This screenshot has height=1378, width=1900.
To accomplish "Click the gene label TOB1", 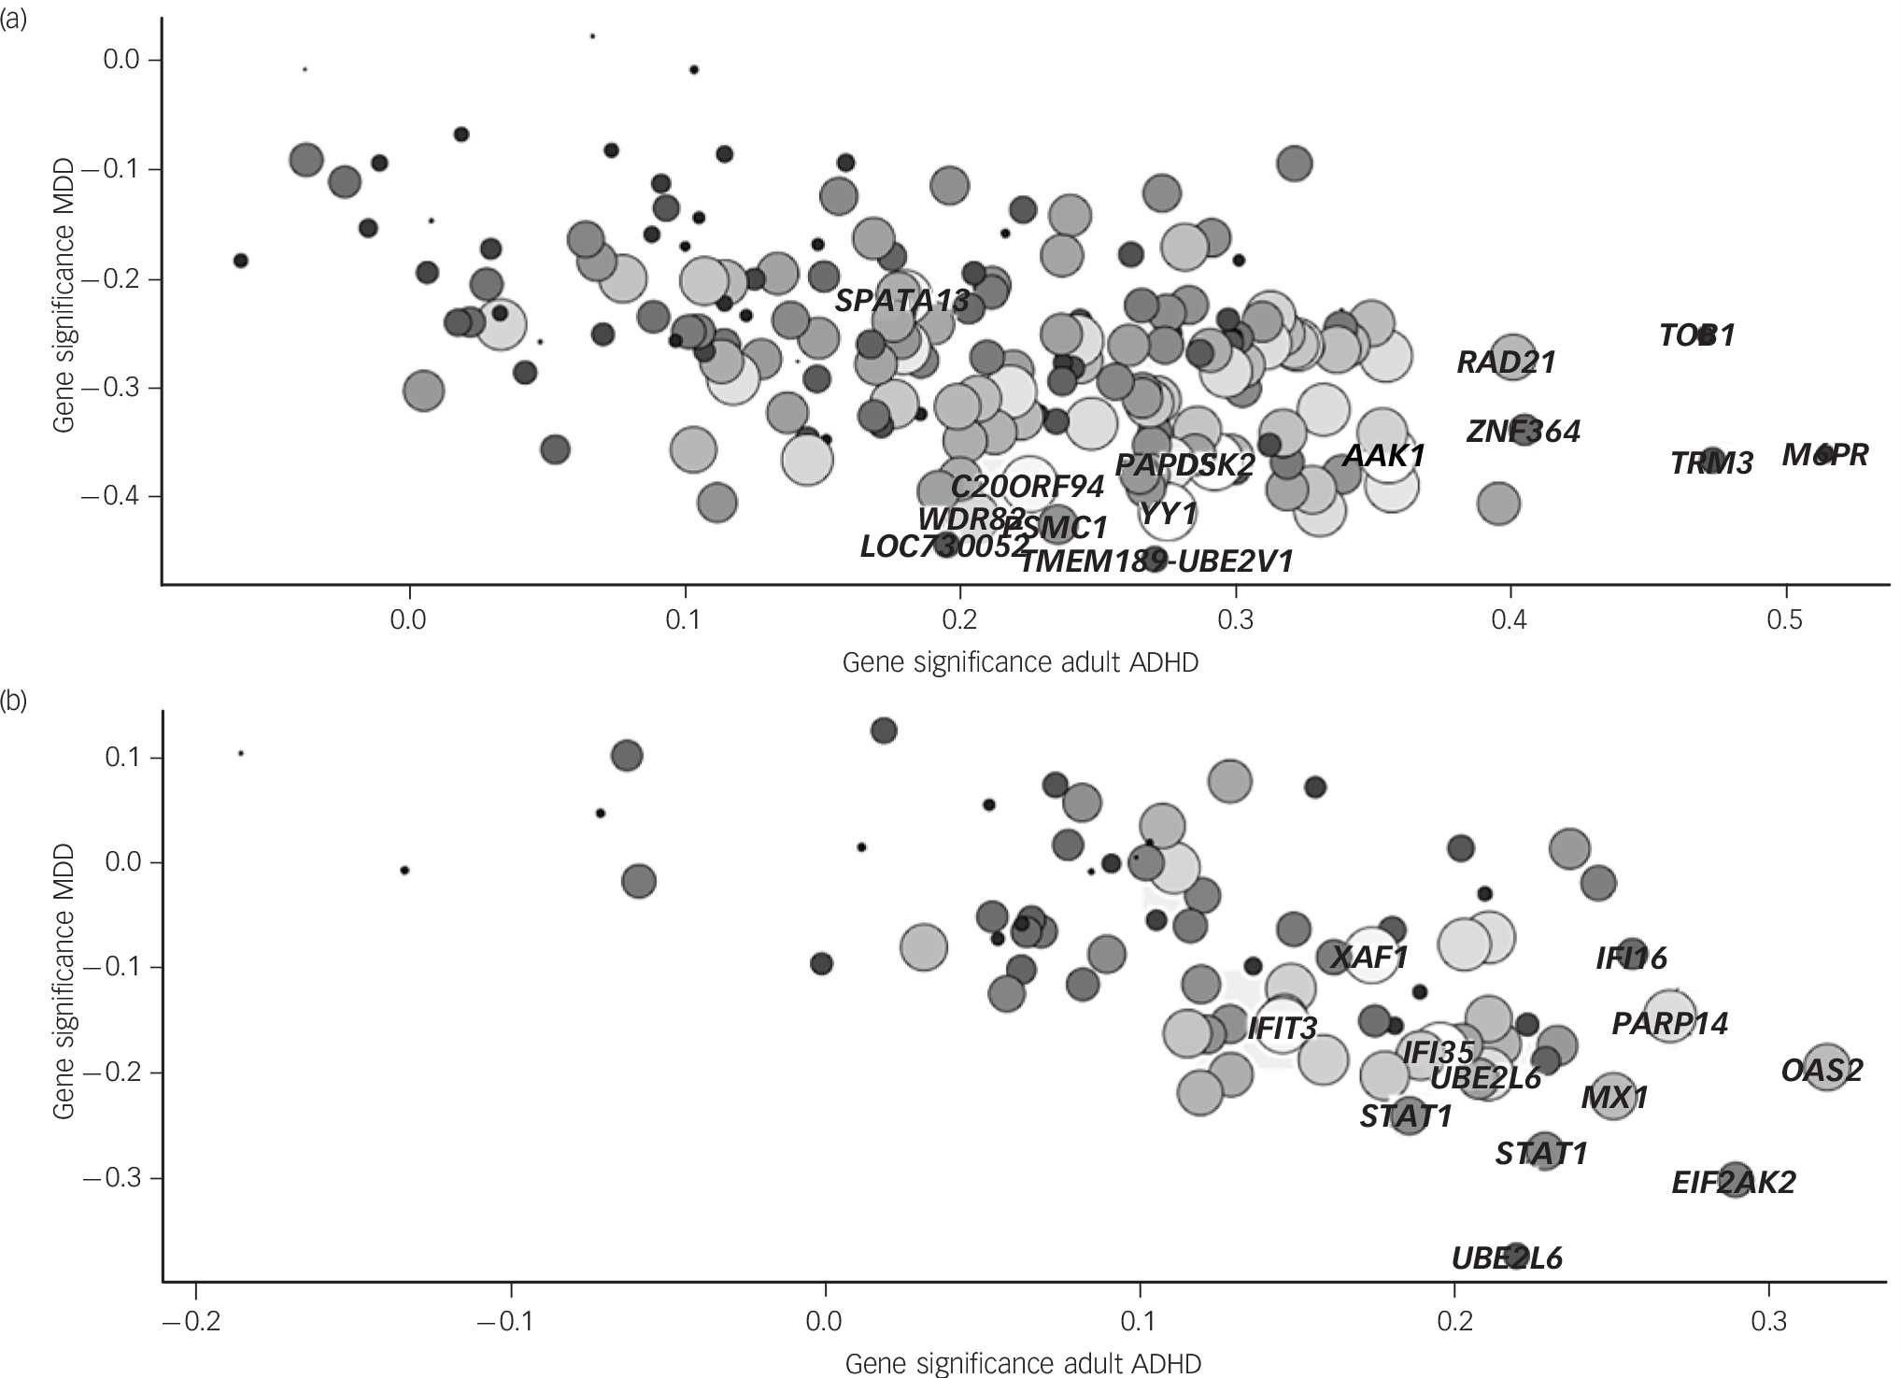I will point(1696,335).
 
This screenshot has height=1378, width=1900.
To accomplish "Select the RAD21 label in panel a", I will point(1507,362).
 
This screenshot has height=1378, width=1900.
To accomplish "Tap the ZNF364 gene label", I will point(1523,432).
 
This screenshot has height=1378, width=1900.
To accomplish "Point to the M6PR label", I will point(1824,455).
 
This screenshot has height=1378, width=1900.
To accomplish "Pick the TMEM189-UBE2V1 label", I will point(1156,561).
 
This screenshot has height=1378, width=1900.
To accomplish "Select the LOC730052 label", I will point(944,547).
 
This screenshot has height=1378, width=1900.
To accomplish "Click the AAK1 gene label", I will point(1384,457).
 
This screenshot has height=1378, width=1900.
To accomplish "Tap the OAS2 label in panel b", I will point(1822,1070).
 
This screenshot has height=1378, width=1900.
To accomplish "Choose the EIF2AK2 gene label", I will point(1733,1184).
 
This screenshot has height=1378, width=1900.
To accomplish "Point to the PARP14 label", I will point(1669,1024).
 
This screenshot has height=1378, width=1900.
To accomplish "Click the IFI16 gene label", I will point(1631,959).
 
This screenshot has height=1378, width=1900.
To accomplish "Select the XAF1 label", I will point(1368,958).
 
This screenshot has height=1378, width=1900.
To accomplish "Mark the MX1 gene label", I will point(1614,1098).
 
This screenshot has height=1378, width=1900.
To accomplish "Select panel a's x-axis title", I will point(1020,662).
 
